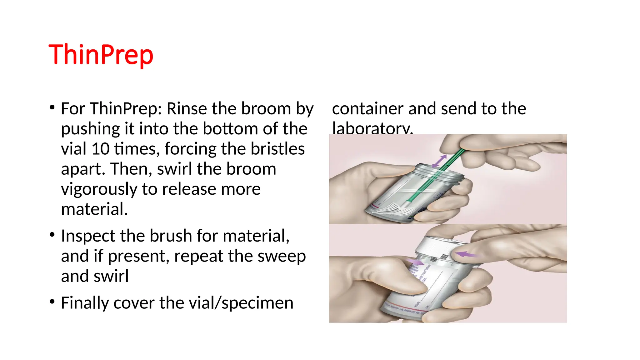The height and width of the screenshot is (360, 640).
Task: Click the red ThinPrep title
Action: point(101,55)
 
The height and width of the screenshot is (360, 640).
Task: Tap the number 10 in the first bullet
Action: point(100,149)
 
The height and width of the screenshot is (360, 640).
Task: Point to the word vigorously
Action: point(99,189)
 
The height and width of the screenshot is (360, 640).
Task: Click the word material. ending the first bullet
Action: point(94,209)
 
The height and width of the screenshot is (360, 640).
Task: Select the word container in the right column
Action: point(367,109)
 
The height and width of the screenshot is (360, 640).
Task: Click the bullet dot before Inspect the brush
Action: point(52,234)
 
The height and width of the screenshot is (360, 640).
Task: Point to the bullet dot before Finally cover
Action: point(52,302)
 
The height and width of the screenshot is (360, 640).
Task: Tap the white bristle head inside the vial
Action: point(392,208)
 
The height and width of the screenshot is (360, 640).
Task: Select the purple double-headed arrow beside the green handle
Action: point(439,161)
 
